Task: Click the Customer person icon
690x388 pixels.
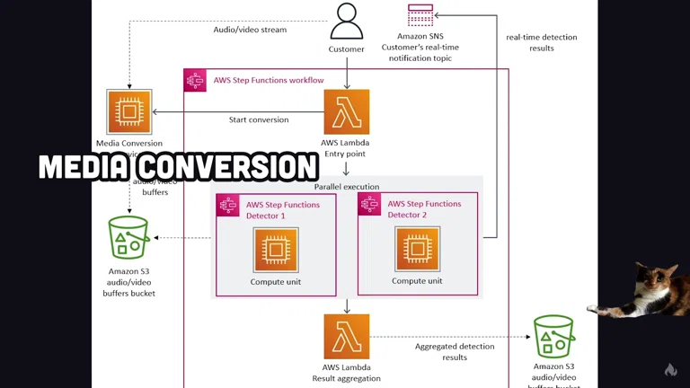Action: click(346, 22)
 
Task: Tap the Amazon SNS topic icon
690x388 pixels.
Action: click(420, 15)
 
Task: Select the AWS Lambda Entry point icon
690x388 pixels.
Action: click(347, 112)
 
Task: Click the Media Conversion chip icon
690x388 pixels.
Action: click(128, 111)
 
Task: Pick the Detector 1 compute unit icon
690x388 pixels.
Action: click(276, 250)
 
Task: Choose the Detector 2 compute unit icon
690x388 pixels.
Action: click(417, 249)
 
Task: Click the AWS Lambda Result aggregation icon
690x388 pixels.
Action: click(347, 337)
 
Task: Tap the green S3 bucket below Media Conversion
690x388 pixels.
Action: click(129, 238)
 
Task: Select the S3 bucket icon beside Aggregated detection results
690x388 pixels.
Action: click(553, 336)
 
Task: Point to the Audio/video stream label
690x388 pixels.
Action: click(250, 30)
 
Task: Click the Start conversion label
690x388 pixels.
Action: click(259, 119)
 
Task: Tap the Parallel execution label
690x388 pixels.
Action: click(347, 187)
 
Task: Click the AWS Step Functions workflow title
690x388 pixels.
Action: click(268, 80)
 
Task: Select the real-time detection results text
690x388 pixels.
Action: click(542, 42)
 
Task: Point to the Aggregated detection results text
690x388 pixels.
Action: click(455, 351)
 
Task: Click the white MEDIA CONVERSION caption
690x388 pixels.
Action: click(178, 167)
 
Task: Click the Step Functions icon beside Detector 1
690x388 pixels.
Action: click(228, 206)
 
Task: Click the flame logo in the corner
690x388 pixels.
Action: click(670, 369)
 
